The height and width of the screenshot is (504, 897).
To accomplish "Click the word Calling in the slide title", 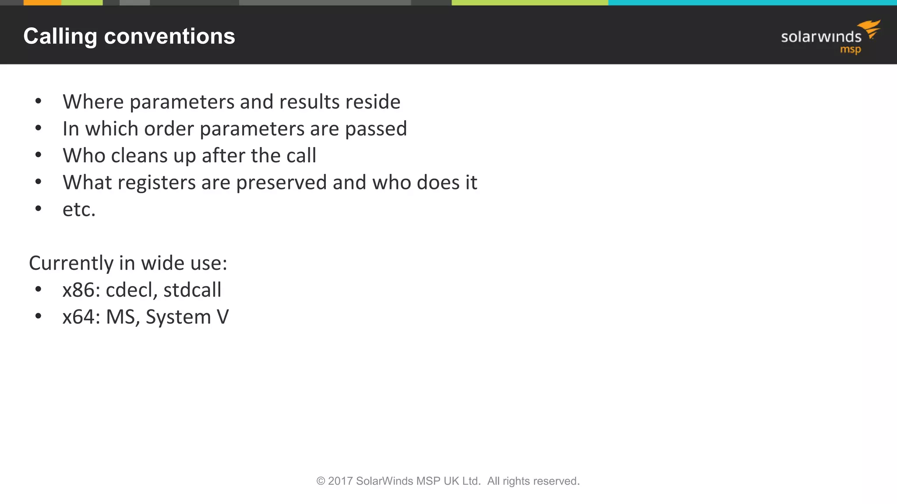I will [60, 36].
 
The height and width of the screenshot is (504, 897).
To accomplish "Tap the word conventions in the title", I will [170, 36].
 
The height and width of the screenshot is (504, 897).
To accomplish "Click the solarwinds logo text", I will [821, 37].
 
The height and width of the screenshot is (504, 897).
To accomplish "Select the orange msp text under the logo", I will [850, 49].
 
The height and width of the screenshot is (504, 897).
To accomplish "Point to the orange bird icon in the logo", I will [870, 28].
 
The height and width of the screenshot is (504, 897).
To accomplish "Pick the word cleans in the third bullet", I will [140, 156].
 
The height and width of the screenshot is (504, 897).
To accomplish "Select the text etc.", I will [79, 210].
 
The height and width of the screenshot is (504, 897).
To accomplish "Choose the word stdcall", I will [192, 290].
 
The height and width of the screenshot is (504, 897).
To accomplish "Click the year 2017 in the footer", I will [340, 481].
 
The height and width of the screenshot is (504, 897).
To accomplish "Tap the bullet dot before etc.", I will [39, 209].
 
